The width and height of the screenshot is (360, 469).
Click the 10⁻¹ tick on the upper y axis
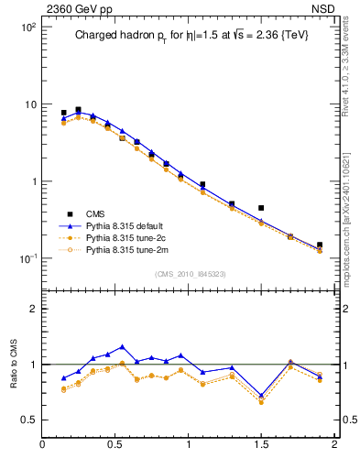(x=27, y=257)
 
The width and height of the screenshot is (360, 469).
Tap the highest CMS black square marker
(x=78, y=110)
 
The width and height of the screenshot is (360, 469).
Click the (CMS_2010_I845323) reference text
(x=190, y=273)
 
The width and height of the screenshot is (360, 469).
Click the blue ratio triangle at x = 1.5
(x=261, y=396)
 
